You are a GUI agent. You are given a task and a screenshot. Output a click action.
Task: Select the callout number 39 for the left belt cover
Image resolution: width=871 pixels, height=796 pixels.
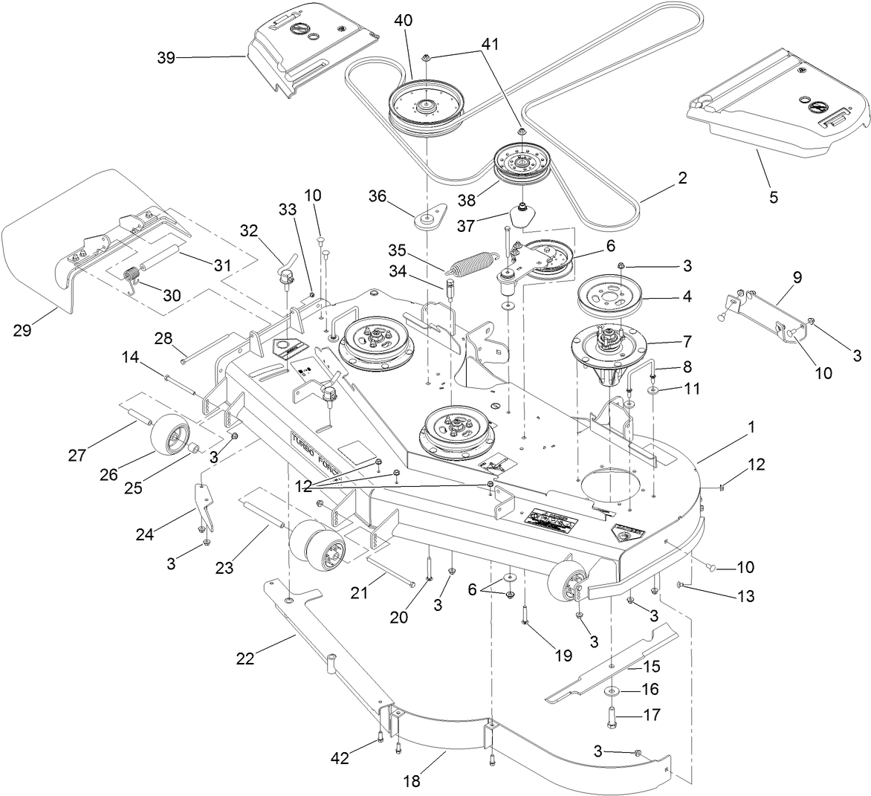pyautogui.click(x=166, y=59)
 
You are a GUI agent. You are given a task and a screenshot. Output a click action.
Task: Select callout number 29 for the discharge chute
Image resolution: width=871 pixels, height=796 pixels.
pyautogui.click(x=23, y=329)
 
